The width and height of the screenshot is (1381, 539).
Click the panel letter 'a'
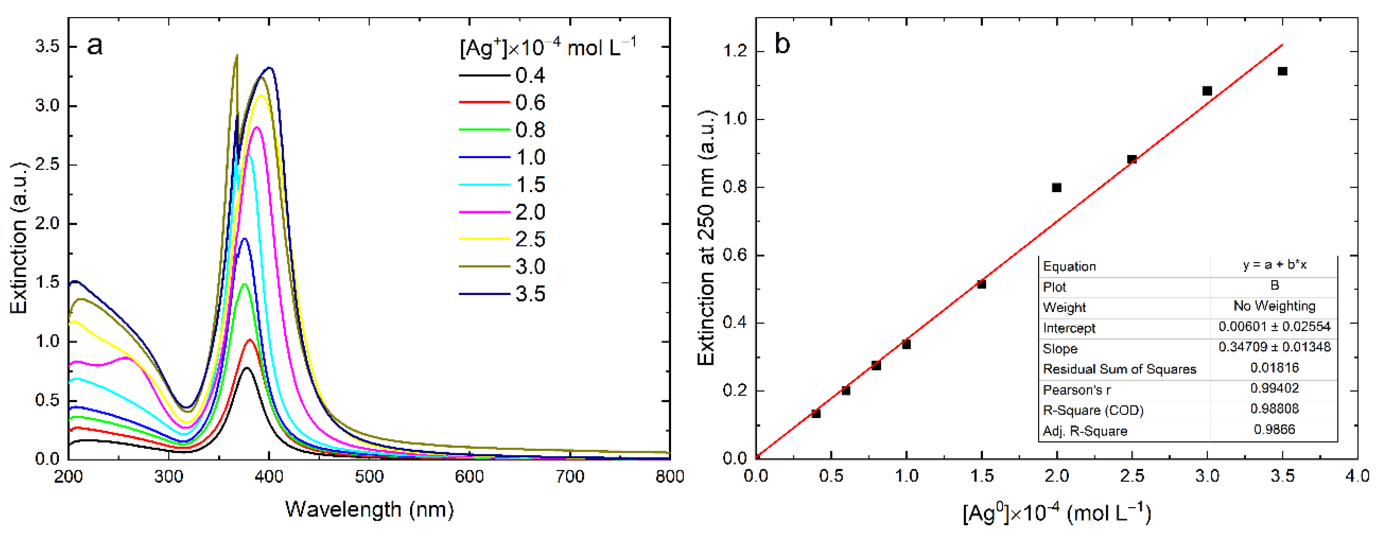click(94, 45)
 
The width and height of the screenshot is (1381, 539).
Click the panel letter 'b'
click(782, 44)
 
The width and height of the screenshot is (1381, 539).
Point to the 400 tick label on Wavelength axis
click(269, 476)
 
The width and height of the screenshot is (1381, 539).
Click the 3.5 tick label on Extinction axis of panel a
click(47, 47)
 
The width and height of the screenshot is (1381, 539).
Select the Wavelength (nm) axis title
click(369, 509)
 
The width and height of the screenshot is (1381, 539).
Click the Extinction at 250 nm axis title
click(706, 239)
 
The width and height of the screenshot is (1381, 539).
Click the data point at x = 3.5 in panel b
click(1282, 71)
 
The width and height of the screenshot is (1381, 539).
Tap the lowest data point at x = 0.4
click(816, 413)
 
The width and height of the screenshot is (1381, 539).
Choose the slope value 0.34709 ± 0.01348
click(1274, 347)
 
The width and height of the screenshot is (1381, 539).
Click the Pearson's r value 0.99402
click(1274, 389)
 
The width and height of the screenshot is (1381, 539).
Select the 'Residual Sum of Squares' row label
click(1119, 369)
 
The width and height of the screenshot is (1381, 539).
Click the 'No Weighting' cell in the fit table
click(1274, 306)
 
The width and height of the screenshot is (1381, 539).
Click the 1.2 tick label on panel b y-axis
click(734, 51)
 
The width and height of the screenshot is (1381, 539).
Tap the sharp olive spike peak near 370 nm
click(236, 56)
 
